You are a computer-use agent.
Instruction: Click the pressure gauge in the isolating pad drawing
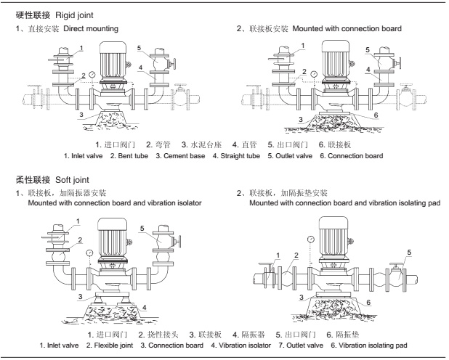[x=310, y=239]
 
